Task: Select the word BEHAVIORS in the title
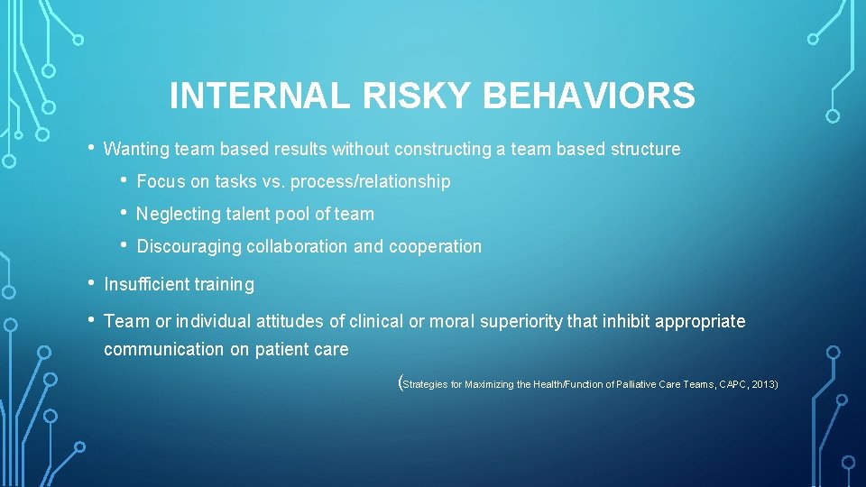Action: tap(584, 96)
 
